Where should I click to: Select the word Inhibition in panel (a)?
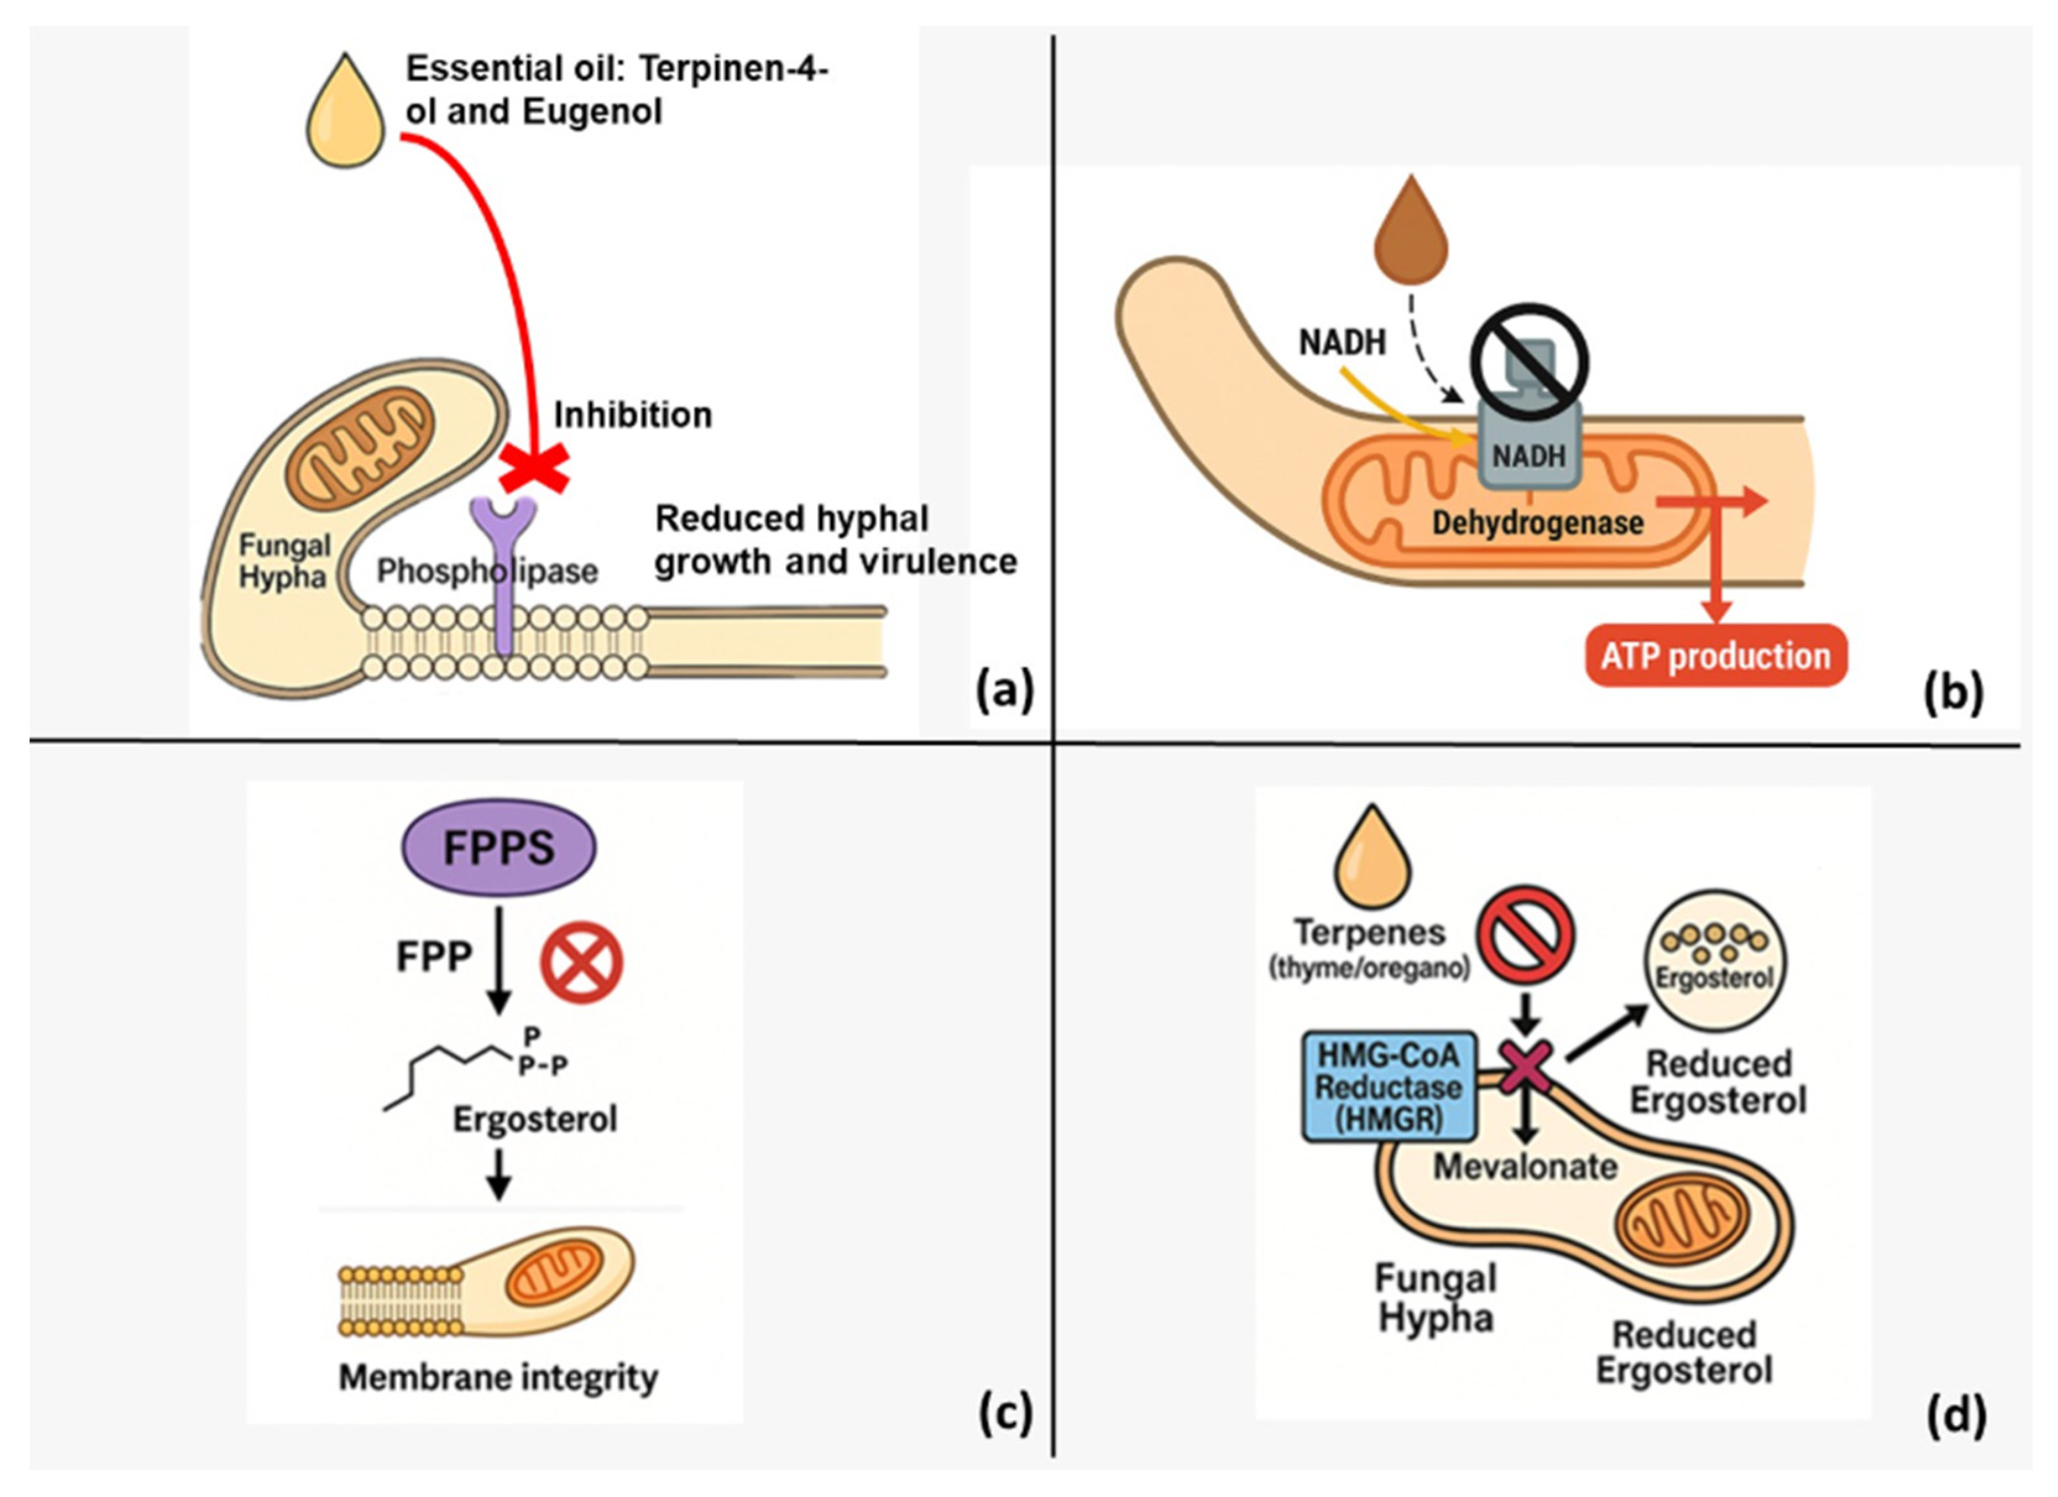point(632,415)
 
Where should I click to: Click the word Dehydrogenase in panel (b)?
point(1538,522)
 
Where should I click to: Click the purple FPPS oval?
point(499,847)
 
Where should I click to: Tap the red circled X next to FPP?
point(582,962)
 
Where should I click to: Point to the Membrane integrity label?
point(498,1377)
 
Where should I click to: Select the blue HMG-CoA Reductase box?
point(1388,1087)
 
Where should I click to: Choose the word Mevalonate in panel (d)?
point(1525,1166)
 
